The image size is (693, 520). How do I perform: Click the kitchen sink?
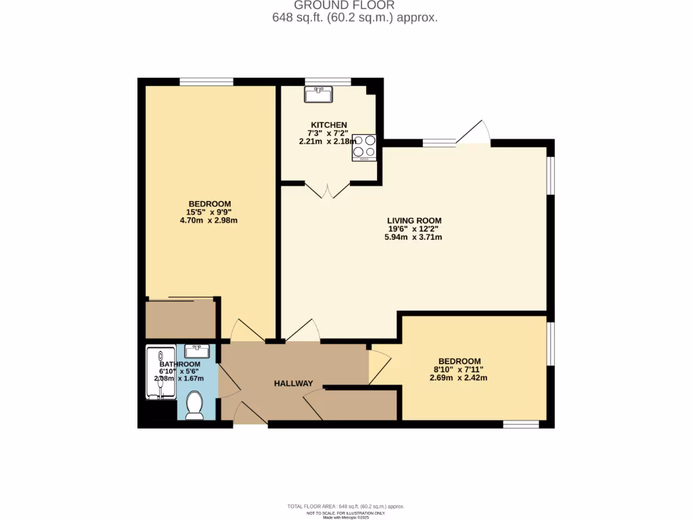click(x=318, y=95)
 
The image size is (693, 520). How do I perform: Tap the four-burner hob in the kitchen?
click(x=363, y=148)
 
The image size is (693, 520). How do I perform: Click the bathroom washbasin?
click(x=196, y=351)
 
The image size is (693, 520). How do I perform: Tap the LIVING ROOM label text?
click(x=414, y=221)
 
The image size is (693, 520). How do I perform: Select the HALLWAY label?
click(x=293, y=384)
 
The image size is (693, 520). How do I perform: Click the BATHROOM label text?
click(x=179, y=364)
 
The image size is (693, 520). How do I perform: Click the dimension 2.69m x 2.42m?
click(x=458, y=378)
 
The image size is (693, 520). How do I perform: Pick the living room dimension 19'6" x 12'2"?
click(x=414, y=229)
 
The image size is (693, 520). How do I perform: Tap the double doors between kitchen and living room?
click(x=328, y=189)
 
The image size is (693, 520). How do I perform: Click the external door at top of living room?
click(x=474, y=134)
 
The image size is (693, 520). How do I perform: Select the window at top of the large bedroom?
click(x=206, y=82)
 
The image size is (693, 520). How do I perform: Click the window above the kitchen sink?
click(x=328, y=82)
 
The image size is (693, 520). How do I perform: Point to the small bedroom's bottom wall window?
click(x=520, y=425)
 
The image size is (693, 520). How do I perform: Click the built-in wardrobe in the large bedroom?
click(x=180, y=319)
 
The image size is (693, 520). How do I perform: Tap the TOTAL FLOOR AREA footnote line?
click(x=346, y=506)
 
